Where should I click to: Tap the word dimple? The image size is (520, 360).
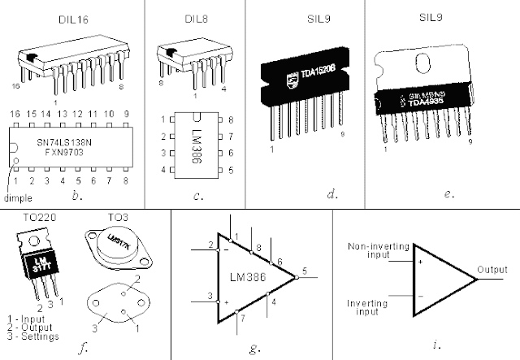click(x=19, y=197)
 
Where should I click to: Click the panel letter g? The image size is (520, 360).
click(x=253, y=348)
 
